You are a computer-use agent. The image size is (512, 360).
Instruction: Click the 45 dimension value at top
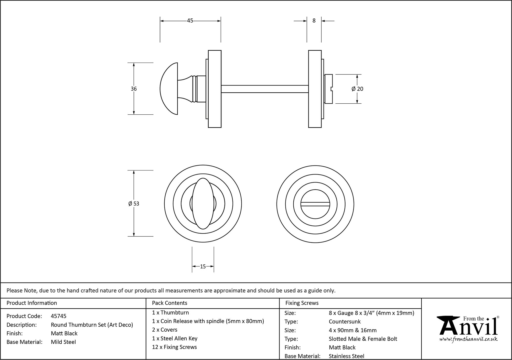click(x=190, y=21)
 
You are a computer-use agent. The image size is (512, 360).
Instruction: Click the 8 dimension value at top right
click(x=314, y=21)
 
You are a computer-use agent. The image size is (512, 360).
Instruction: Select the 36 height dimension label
click(x=134, y=89)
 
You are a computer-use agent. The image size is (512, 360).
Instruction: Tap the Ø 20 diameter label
click(x=357, y=89)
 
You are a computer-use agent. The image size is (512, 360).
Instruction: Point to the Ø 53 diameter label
click(x=134, y=204)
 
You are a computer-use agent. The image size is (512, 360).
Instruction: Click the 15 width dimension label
click(x=203, y=267)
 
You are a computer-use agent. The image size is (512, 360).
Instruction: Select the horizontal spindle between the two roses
click(x=264, y=89)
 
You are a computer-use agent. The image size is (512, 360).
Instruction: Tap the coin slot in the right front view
click(x=315, y=204)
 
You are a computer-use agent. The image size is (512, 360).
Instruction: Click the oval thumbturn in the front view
click(x=203, y=203)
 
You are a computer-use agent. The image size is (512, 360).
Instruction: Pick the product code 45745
click(x=59, y=316)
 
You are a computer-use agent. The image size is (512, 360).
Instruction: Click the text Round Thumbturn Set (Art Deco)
click(x=92, y=325)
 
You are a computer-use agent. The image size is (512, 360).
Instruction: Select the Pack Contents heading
click(x=169, y=303)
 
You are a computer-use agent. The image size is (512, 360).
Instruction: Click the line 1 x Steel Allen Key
click(x=175, y=338)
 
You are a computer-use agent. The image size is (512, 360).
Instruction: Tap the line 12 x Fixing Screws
click(x=174, y=347)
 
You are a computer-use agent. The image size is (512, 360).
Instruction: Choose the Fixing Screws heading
click(x=302, y=303)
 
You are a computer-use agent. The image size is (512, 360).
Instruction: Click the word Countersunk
click(x=345, y=321)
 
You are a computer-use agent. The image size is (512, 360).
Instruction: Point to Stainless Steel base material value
click(x=346, y=356)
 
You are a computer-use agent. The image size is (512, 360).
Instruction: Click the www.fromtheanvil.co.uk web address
click(x=468, y=339)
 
